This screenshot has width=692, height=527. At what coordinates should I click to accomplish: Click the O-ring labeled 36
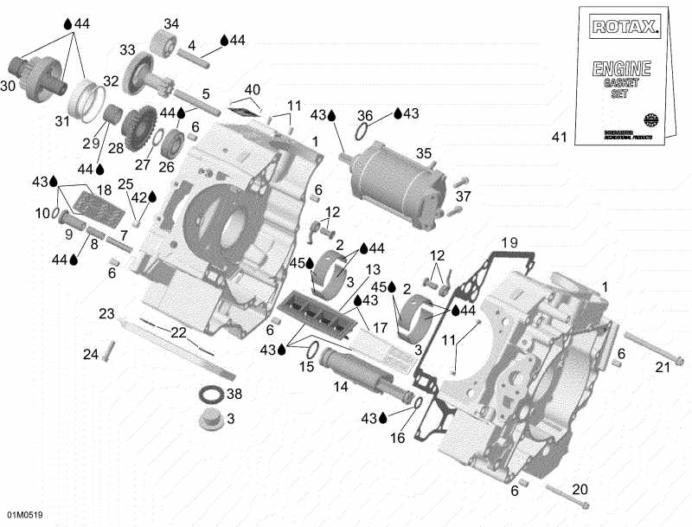366,132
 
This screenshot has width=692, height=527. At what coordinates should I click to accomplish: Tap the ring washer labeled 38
210,395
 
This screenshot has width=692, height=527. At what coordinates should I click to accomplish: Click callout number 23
106,313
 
